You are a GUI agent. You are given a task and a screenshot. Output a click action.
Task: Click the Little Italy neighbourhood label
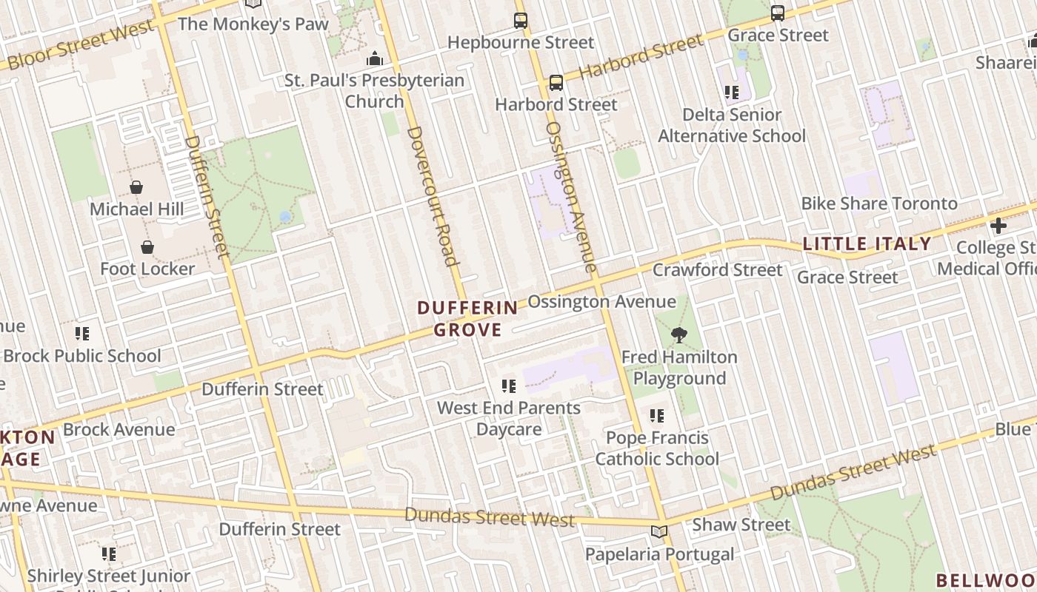pos(867,243)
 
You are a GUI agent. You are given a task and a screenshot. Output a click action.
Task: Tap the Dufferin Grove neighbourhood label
pos(467,318)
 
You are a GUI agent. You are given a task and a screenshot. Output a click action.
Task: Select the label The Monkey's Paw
pos(253,24)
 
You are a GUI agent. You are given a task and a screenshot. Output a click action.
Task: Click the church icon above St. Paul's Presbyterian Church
pos(376,58)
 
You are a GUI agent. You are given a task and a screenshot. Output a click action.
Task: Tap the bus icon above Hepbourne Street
pos(521,21)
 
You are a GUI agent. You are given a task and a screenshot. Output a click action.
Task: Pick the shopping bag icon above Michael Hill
pos(136,187)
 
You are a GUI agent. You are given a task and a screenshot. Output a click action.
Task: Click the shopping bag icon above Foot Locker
pos(147,246)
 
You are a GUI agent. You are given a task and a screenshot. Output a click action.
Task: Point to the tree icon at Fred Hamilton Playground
pos(678,335)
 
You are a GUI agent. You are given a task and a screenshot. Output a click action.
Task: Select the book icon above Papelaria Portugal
pos(658,532)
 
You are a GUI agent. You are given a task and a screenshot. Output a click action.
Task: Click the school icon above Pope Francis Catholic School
pos(657,416)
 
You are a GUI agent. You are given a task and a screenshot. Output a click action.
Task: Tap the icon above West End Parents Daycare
pos(508,386)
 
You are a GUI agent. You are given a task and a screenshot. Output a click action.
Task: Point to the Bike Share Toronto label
pos(879,203)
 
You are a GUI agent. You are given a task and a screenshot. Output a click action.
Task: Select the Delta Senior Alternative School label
pos(732,125)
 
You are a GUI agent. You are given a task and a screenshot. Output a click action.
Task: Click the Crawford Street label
pos(717,270)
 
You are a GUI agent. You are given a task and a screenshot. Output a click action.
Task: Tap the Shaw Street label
pos(741,525)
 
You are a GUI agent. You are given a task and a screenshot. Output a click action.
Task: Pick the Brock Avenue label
pos(119,429)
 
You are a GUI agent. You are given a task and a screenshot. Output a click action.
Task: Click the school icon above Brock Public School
pos(82,334)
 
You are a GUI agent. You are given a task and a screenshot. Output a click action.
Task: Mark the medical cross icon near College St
pos(998,226)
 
